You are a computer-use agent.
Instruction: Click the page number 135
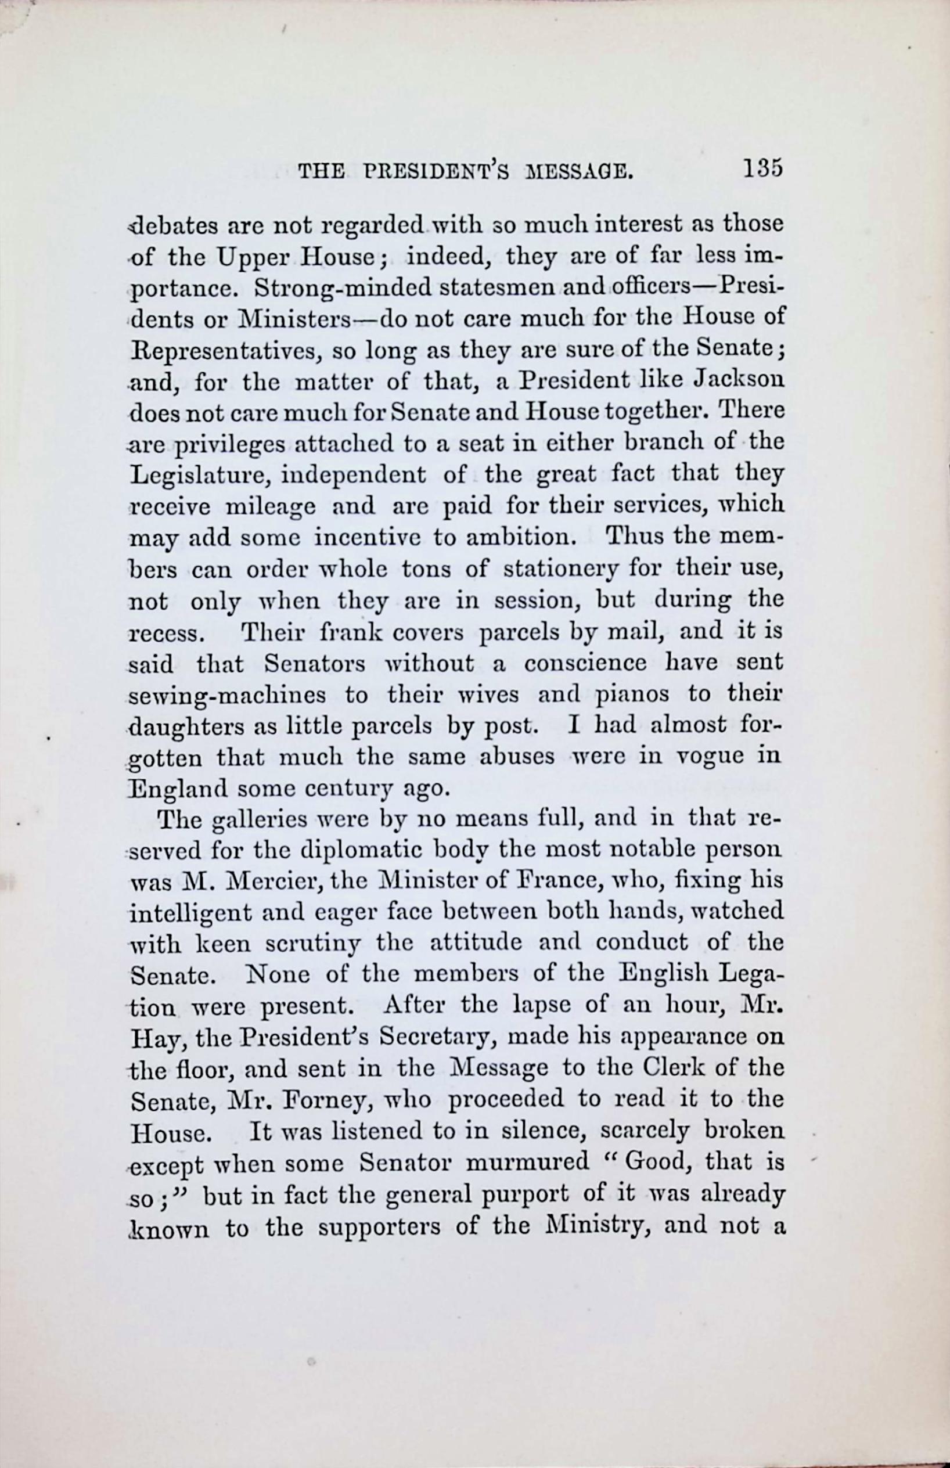pyautogui.click(x=762, y=168)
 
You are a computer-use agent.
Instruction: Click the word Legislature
pyautogui.click(x=199, y=476)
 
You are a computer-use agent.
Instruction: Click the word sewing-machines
pyautogui.click(x=228, y=695)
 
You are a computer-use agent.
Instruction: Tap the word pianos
pyautogui.click(x=631, y=695)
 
